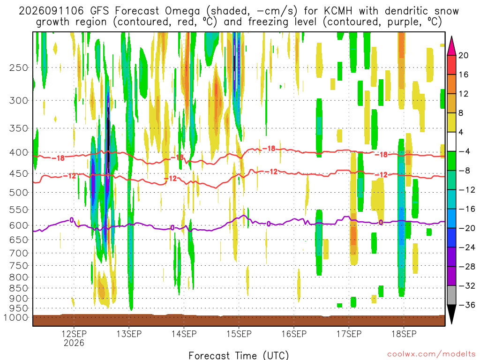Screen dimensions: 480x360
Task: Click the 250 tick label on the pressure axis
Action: point(18,67)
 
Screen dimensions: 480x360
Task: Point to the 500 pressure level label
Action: point(18,193)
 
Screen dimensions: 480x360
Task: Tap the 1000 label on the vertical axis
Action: point(16,317)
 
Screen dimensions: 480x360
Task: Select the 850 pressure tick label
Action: point(18,288)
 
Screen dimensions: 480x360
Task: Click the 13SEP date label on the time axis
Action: point(129,334)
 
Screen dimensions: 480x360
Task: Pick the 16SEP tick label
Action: point(294,334)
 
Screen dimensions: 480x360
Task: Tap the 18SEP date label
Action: point(404,334)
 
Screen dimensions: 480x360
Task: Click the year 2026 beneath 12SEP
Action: point(74,343)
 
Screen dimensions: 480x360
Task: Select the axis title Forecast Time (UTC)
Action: point(239,355)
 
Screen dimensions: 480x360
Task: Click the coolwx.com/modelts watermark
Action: point(432,354)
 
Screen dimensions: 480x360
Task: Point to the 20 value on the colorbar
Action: point(464,55)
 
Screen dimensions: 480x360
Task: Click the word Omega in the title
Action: point(182,11)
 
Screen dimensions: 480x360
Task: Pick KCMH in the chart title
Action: point(338,11)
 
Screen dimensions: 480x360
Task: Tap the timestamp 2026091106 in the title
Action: point(51,11)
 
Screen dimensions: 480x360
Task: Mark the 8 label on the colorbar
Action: point(461,113)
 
